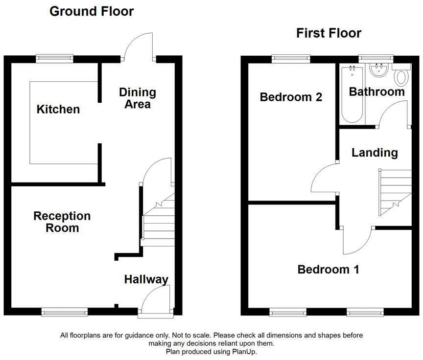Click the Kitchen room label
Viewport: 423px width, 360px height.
pos(58,110)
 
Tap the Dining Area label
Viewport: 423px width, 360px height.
pos(138,98)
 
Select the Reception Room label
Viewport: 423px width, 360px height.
pos(62,222)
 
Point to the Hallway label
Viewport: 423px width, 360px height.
pos(146,279)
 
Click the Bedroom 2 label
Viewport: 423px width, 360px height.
pos(291,97)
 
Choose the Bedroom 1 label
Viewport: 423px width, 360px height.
pos(329,270)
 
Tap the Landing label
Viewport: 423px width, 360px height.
pos(375,153)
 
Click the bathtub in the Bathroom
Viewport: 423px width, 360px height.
pos(352,94)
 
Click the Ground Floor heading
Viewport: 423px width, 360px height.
pos(92,11)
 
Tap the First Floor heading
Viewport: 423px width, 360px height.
pos(329,33)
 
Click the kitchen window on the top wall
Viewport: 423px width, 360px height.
pos(54,59)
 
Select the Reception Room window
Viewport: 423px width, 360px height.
pos(65,312)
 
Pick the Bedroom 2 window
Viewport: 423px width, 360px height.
pos(291,59)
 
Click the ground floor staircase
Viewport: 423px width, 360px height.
pos(158,220)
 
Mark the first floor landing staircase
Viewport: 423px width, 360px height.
pos(395,192)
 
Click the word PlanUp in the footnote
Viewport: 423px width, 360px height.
pos(244,352)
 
